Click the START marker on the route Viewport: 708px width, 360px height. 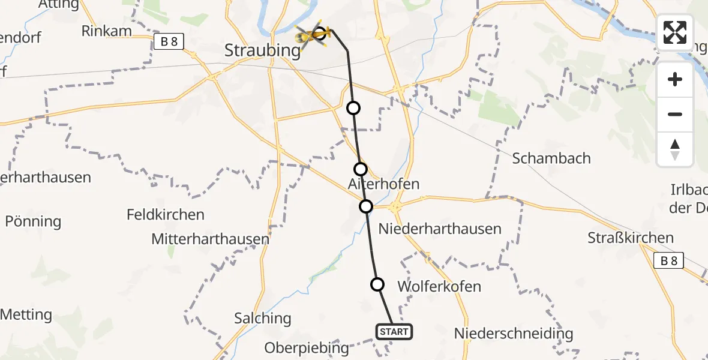tap(394, 331)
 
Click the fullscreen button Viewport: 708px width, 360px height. tap(675, 32)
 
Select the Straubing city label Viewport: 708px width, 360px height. tap(262, 50)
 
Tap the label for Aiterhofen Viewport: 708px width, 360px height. tap(383, 184)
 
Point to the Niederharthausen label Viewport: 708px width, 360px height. tap(440, 229)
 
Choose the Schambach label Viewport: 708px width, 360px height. tap(551, 158)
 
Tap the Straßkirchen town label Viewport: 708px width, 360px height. tap(631, 238)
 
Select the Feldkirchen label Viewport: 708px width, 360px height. tap(166, 214)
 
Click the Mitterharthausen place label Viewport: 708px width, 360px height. tap(210, 239)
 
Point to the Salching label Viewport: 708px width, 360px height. tap(263, 318)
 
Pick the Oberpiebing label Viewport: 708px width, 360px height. tap(307, 347)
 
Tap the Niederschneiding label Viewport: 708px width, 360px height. tap(514, 333)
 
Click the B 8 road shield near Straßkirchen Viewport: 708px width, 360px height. tap(668, 260)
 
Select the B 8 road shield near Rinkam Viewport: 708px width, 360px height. tap(168, 41)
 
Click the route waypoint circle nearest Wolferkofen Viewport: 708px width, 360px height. tap(377, 284)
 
